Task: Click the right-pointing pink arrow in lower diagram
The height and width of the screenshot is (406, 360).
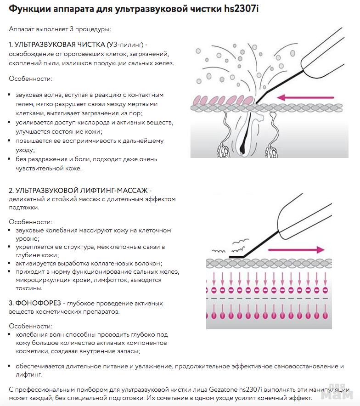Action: pos(296,250)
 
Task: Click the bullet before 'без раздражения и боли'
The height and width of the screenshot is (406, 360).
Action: pos(11,159)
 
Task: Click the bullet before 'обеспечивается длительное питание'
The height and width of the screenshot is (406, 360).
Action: pos(11,367)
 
